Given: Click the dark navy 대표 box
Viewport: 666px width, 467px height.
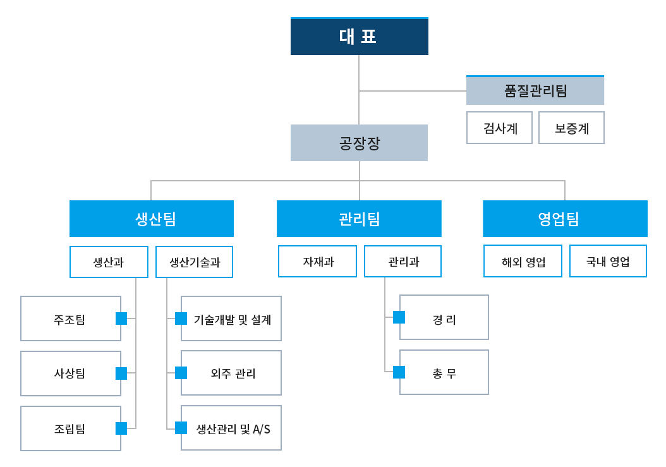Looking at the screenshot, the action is click(x=360, y=36).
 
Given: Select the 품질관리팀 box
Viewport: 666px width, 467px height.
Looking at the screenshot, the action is click(x=535, y=90).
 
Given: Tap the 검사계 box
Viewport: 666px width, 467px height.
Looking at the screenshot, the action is click(x=499, y=128).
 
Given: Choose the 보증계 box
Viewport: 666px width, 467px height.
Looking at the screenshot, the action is click(x=571, y=128).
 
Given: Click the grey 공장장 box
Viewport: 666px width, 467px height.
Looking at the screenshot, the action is click(x=359, y=143).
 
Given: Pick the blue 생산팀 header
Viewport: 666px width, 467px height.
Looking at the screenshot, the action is click(x=152, y=219).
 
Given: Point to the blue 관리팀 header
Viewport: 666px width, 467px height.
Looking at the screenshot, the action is click(x=359, y=219).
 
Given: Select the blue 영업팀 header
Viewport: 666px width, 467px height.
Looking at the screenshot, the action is click(x=565, y=219).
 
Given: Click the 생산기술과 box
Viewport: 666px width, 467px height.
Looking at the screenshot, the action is click(x=194, y=262).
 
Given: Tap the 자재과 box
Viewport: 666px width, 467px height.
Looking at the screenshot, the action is click(x=317, y=262).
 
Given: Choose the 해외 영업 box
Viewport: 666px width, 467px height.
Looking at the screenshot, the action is click(x=523, y=261).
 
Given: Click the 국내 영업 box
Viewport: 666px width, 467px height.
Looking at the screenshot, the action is click(x=608, y=261).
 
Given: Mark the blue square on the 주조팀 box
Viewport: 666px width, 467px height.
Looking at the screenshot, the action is click(x=121, y=318).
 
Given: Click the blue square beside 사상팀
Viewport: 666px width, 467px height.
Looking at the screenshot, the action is click(x=121, y=373).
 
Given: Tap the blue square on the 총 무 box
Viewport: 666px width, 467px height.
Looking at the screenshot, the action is click(x=399, y=372).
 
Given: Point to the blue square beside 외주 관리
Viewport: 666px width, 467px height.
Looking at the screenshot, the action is click(x=181, y=373).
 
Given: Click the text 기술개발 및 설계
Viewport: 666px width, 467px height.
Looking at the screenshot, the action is click(x=233, y=320).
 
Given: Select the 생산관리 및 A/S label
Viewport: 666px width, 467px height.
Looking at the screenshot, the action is click(x=233, y=428).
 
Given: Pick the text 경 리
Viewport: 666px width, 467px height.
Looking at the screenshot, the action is click(x=444, y=320).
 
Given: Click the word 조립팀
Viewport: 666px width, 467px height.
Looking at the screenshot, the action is click(x=70, y=428).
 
